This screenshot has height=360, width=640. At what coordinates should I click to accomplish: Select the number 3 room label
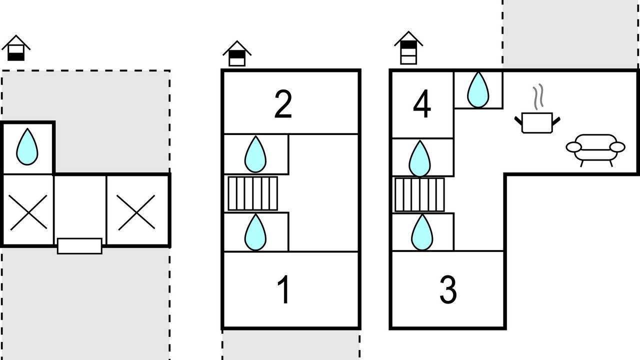coord(448,289)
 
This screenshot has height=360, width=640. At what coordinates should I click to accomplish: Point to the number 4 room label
coord(422,105)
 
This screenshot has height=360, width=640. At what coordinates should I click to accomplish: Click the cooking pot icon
coord(537,122)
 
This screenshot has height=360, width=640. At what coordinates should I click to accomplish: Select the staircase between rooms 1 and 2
coord(252,193)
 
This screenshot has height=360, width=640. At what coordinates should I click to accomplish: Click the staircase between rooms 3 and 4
coord(419,194)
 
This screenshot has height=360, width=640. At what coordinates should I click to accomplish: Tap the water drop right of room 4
coord(477,90)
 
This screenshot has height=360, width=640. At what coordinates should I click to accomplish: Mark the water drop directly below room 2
coord(255,154)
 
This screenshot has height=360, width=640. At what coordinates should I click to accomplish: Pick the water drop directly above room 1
coord(255,232)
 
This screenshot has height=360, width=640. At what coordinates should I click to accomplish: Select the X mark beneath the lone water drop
coord(28,212)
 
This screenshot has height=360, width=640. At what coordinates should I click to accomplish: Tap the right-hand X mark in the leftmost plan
coord(135,212)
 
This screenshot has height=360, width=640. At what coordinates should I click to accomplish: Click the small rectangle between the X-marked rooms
coord(79,246)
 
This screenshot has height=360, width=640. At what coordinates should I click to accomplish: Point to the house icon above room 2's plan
coord(237,53)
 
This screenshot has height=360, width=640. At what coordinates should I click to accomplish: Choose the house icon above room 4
coord(408,48)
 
